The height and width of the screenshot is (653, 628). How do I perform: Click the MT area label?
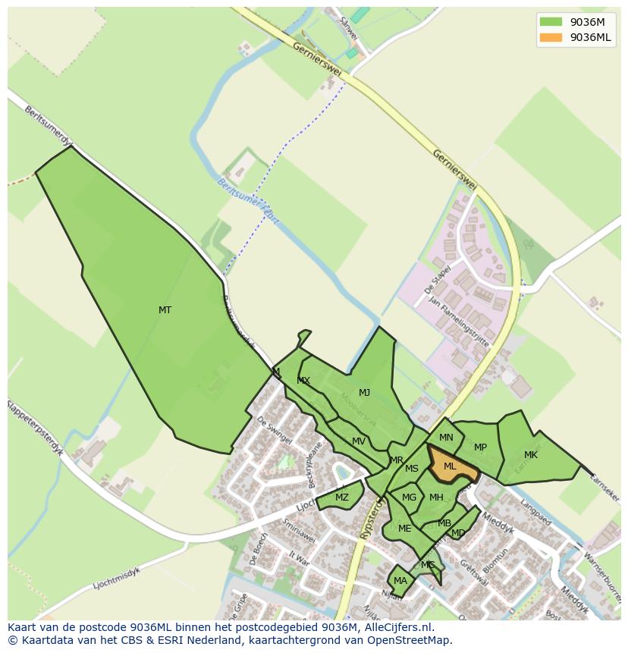coord(165,309)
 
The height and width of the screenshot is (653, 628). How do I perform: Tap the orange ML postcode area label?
coord(450,466)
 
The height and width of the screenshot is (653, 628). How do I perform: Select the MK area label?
coord(531,455)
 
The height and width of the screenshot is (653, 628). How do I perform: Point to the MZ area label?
coord(342,498)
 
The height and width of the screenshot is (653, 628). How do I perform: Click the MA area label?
coord(400,581)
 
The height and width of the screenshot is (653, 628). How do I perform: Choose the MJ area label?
coord(365,392)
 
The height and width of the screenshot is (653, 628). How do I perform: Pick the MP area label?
coord(480,447)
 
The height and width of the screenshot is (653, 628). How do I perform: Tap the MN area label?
coord(446,437)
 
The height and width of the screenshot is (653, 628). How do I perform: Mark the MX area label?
coord(303,381)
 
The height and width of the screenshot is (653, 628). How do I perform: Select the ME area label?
coord(405,529)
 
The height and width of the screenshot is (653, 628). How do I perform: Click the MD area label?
coord(458,533)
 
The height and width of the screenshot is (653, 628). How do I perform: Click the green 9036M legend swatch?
coord(551,21)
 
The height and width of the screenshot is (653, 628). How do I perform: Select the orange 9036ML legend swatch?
coord(551,37)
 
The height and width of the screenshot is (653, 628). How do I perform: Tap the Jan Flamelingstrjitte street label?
coord(459,321)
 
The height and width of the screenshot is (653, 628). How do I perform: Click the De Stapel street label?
coord(439,278)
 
